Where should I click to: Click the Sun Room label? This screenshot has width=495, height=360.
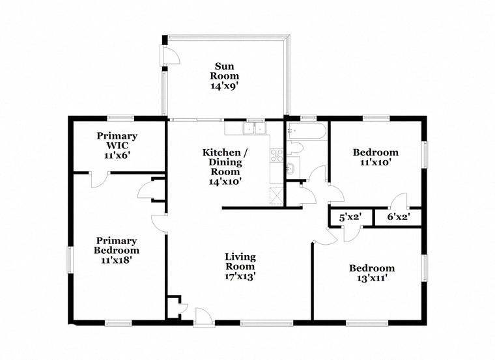click(x=225, y=71)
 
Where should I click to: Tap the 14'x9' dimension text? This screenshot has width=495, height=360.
click(x=225, y=86)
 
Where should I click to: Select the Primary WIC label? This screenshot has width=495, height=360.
click(x=117, y=141)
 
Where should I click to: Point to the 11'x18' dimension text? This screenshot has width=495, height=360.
click(x=116, y=260)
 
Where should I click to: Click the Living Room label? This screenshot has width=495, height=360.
click(x=240, y=262)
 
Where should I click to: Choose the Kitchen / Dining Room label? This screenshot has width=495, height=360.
click(x=225, y=162)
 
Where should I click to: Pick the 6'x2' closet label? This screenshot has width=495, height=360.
click(x=399, y=217)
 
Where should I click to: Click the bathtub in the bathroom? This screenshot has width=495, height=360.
click(x=305, y=131)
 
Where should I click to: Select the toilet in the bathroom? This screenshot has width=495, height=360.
click(x=295, y=148)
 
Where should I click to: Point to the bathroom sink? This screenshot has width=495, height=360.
click(x=290, y=169)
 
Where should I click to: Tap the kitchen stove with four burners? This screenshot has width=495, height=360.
click(x=277, y=156)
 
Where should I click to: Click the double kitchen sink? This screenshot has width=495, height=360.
click(x=255, y=129)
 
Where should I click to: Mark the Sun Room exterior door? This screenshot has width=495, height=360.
click(x=170, y=55)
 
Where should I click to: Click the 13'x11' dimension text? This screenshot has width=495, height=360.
click(x=372, y=278)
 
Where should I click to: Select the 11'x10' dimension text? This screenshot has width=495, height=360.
click(x=376, y=163)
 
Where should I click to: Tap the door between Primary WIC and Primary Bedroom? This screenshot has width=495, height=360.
click(x=100, y=180)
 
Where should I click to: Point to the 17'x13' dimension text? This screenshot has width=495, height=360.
click(x=240, y=277)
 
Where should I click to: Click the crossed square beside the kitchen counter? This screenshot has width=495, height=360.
click(x=276, y=195)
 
